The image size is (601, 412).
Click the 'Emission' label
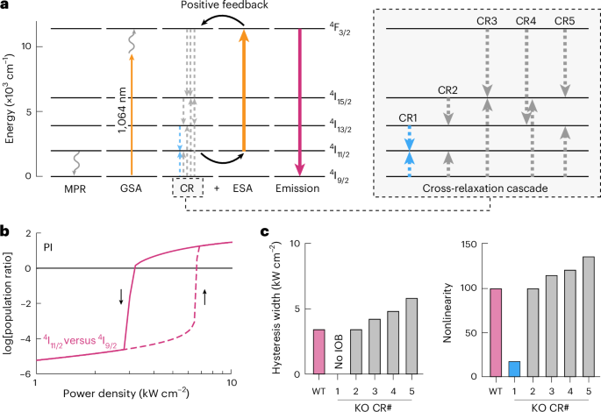tap(300, 188)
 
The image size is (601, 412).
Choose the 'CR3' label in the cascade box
tap(488, 19)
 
